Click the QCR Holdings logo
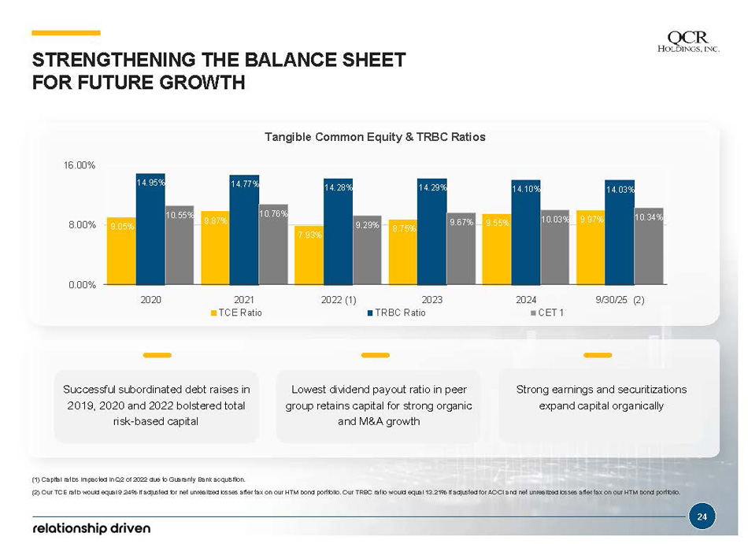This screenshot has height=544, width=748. (688, 42)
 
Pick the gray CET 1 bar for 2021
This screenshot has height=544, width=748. (273, 244)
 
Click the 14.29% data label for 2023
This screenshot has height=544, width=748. (432, 187)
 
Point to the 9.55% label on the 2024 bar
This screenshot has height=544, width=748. (496, 223)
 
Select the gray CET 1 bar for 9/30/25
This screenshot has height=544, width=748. (649, 246)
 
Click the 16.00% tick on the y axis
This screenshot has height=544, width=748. (80, 165)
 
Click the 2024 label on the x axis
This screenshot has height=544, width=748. (526, 300)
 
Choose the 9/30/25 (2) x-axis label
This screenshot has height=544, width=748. (620, 300)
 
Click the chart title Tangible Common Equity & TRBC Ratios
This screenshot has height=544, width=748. (375, 137)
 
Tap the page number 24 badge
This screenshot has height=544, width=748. (702, 517)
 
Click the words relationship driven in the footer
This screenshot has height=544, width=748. (91, 527)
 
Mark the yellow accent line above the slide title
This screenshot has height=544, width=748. (66, 33)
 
